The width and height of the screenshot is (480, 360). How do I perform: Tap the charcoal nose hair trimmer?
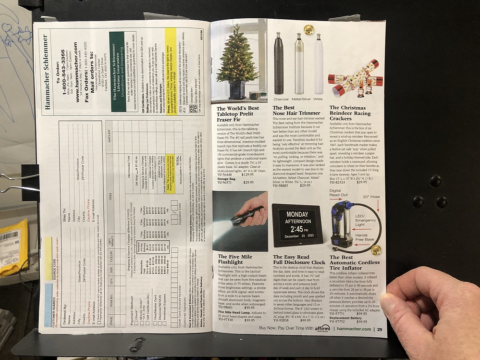coord(279,63)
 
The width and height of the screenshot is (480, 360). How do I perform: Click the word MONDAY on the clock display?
coord(296,214)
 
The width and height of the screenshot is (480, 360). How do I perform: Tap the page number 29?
coord(380,329)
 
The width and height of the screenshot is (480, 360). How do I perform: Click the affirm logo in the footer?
coord(322,329)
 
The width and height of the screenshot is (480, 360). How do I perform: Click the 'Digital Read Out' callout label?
coord(338,193)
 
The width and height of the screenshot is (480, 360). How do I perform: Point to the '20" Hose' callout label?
coord(370,197)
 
